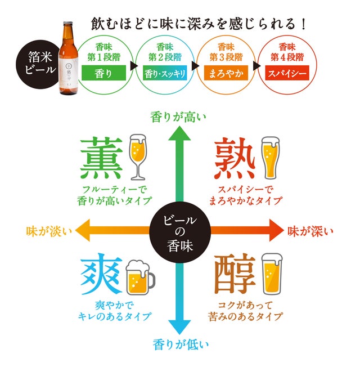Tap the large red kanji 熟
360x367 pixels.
pos(237,158)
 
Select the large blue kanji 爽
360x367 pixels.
pos(101,275)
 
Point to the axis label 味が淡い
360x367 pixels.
pos(49,230)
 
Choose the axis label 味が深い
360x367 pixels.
pos(311,230)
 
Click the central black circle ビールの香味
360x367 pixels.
pos(181,230)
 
